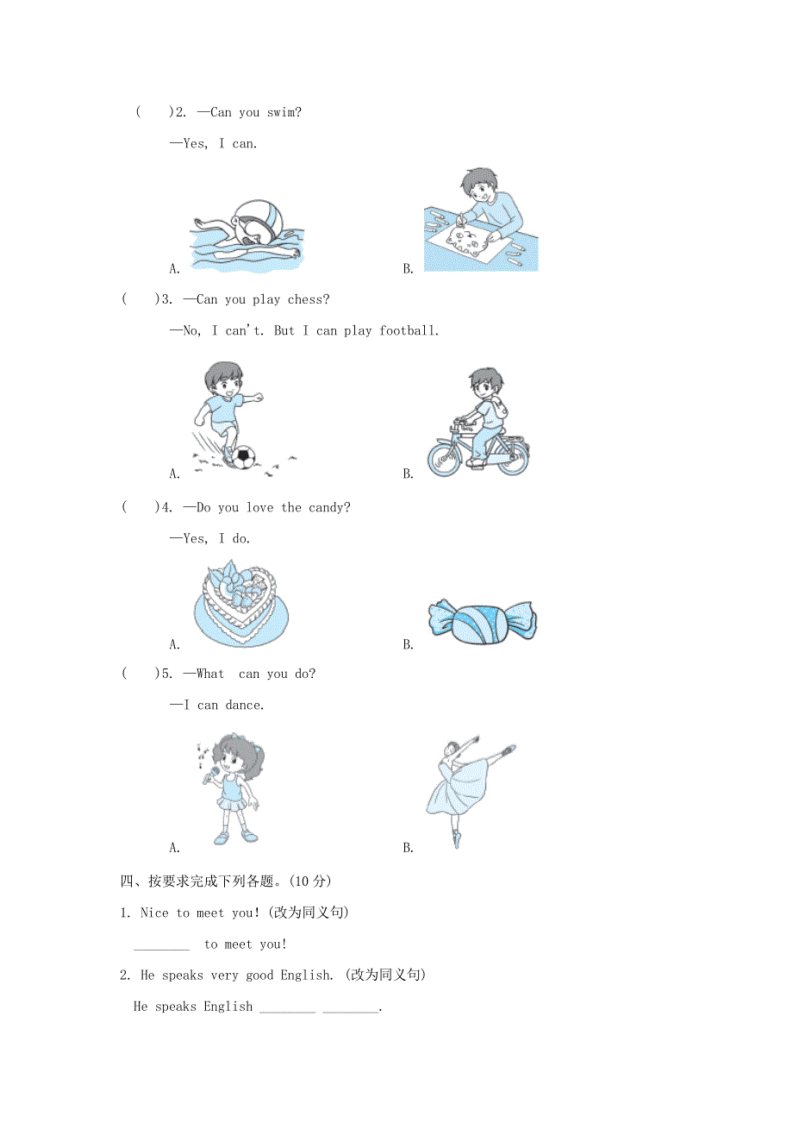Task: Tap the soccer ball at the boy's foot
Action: [246, 457]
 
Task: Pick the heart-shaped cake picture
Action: [240, 603]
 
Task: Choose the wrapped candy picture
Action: [483, 621]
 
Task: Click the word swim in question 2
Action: [284, 112]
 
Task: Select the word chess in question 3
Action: [309, 299]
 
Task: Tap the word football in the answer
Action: [409, 330]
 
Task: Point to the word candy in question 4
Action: [329, 507]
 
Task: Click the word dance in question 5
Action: [244, 705]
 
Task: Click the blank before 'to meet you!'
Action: [161, 944]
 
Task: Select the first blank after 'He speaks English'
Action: [287, 1007]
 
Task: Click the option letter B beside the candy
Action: [409, 644]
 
